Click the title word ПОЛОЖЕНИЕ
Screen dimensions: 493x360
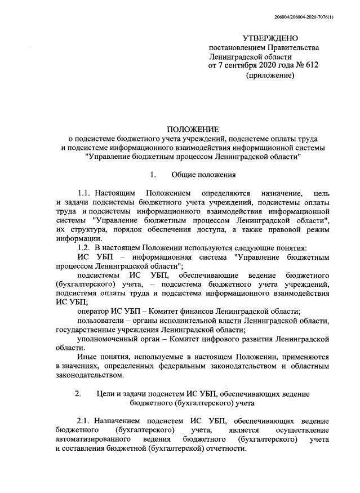tap(191, 130)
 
